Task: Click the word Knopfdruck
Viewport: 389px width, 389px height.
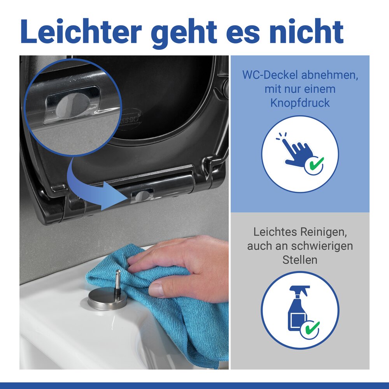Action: click(300, 103)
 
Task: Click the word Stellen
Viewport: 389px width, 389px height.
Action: click(300, 259)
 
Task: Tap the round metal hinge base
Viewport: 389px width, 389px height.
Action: click(107, 300)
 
